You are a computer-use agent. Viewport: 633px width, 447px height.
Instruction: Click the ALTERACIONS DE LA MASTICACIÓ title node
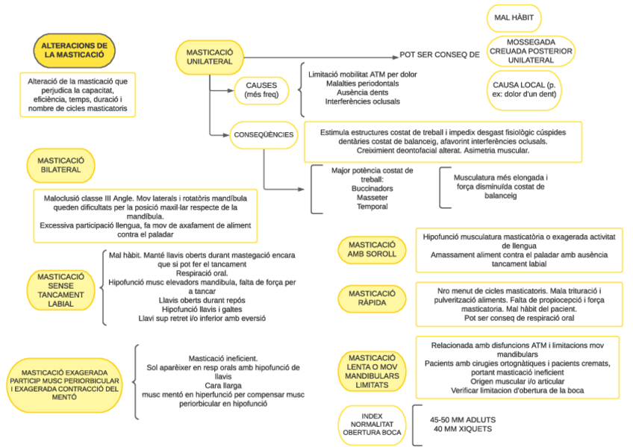click(x=75, y=51)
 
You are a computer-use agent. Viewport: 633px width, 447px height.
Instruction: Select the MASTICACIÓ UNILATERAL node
click(x=210, y=57)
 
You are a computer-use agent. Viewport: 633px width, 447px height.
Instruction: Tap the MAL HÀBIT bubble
click(x=514, y=18)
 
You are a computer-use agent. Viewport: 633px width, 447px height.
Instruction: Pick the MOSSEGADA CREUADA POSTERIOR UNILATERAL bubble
click(x=531, y=51)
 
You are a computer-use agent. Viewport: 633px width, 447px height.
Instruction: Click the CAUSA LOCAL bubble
click(x=524, y=90)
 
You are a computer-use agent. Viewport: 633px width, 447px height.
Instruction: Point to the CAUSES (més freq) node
click(x=261, y=90)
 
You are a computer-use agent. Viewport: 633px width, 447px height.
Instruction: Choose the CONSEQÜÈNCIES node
click(x=264, y=135)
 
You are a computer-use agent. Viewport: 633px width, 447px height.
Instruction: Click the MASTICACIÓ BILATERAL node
click(x=60, y=166)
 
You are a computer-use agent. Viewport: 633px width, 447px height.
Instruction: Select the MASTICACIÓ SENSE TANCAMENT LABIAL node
click(x=60, y=290)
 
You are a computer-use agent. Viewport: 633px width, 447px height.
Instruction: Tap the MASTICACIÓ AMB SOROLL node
click(x=372, y=250)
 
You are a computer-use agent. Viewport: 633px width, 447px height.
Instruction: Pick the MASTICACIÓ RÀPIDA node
click(x=372, y=298)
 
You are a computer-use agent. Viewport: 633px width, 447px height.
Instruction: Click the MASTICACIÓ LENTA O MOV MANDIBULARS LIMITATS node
click(x=372, y=371)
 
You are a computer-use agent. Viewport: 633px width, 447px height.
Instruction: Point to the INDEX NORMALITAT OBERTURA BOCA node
click(x=372, y=425)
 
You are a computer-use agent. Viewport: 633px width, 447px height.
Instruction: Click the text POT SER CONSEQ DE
click(x=440, y=55)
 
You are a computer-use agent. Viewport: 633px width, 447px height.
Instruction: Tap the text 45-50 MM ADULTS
click(x=463, y=420)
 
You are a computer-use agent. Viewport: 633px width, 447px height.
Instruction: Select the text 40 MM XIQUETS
click(x=463, y=429)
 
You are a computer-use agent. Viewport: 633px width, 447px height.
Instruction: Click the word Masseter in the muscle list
click(x=372, y=198)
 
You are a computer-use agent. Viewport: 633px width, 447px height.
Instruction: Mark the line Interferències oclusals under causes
click(x=363, y=101)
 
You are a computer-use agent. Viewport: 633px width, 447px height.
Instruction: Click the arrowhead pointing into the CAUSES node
click(x=231, y=91)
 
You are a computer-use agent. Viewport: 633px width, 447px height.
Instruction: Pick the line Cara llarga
click(x=223, y=386)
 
